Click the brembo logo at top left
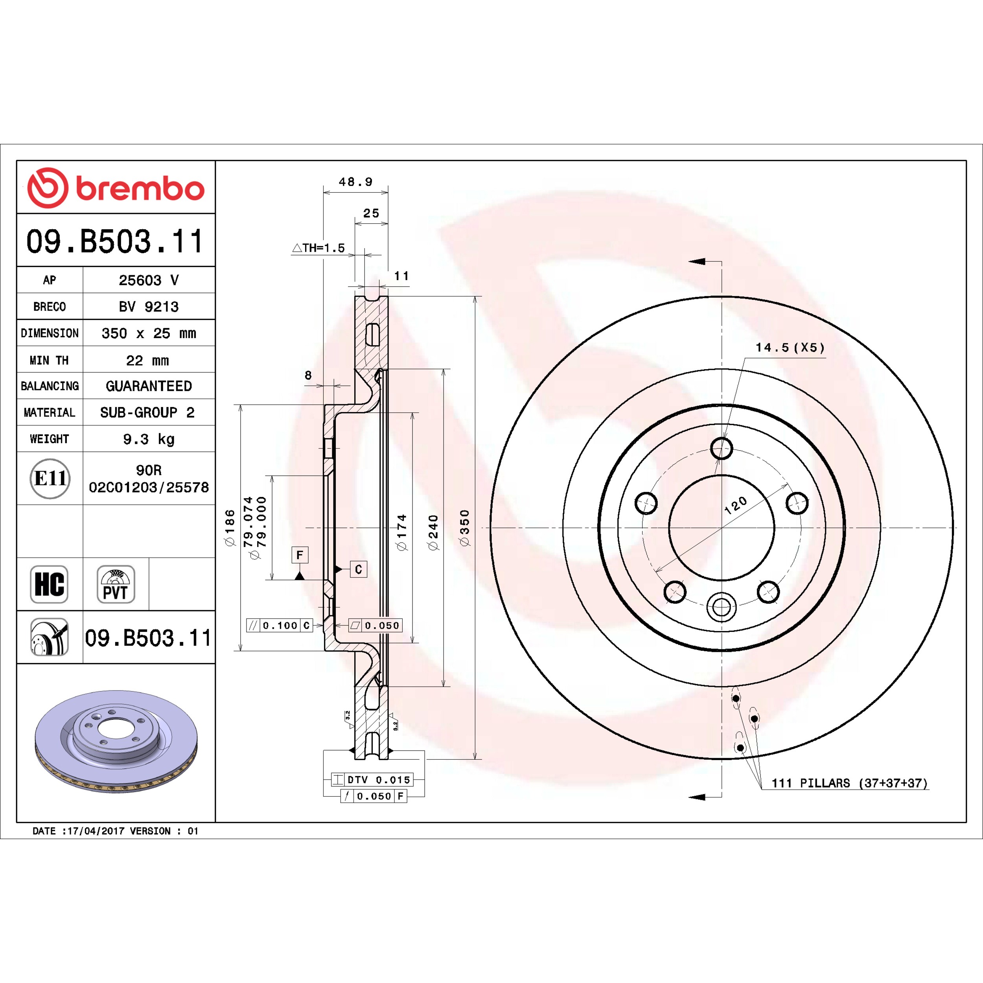tap(116, 188)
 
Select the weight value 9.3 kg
tap(149, 439)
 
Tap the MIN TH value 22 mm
tap(147, 361)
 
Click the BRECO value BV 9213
tap(149, 307)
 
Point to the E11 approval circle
tap(50, 478)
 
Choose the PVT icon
tap(116, 584)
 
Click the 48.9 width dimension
tap(356, 182)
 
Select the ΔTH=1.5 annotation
tap(318, 248)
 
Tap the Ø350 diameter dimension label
tap(464, 528)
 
